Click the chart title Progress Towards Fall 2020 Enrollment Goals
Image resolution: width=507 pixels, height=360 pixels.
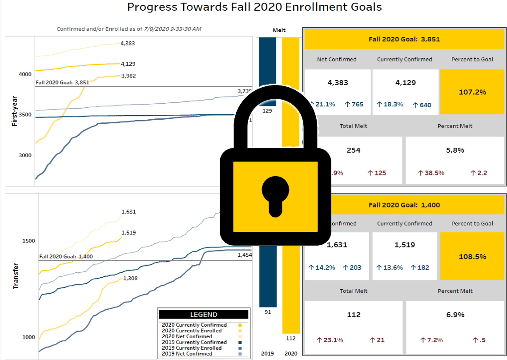(x=254, y=7)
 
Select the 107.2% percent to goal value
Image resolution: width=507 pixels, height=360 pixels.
(x=472, y=93)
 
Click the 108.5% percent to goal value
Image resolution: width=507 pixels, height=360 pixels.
(x=472, y=257)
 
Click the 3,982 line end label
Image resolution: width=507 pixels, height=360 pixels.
(x=128, y=76)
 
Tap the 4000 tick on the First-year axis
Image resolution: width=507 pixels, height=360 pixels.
(x=24, y=74)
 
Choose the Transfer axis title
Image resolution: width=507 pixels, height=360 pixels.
(x=16, y=278)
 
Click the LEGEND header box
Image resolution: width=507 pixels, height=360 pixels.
(x=203, y=315)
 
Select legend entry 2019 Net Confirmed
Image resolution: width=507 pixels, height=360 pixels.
(x=187, y=354)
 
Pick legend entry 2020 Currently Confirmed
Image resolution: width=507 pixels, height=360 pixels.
(x=194, y=325)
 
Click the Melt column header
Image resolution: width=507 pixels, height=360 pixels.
(x=279, y=30)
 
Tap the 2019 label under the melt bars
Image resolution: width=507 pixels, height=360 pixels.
(x=267, y=354)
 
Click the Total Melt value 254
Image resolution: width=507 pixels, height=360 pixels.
(x=354, y=150)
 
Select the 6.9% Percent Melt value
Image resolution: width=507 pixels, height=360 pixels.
(x=455, y=315)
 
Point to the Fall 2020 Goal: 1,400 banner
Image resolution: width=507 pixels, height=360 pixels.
(x=404, y=206)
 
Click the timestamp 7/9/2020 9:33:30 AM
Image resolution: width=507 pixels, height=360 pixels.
(x=173, y=29)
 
